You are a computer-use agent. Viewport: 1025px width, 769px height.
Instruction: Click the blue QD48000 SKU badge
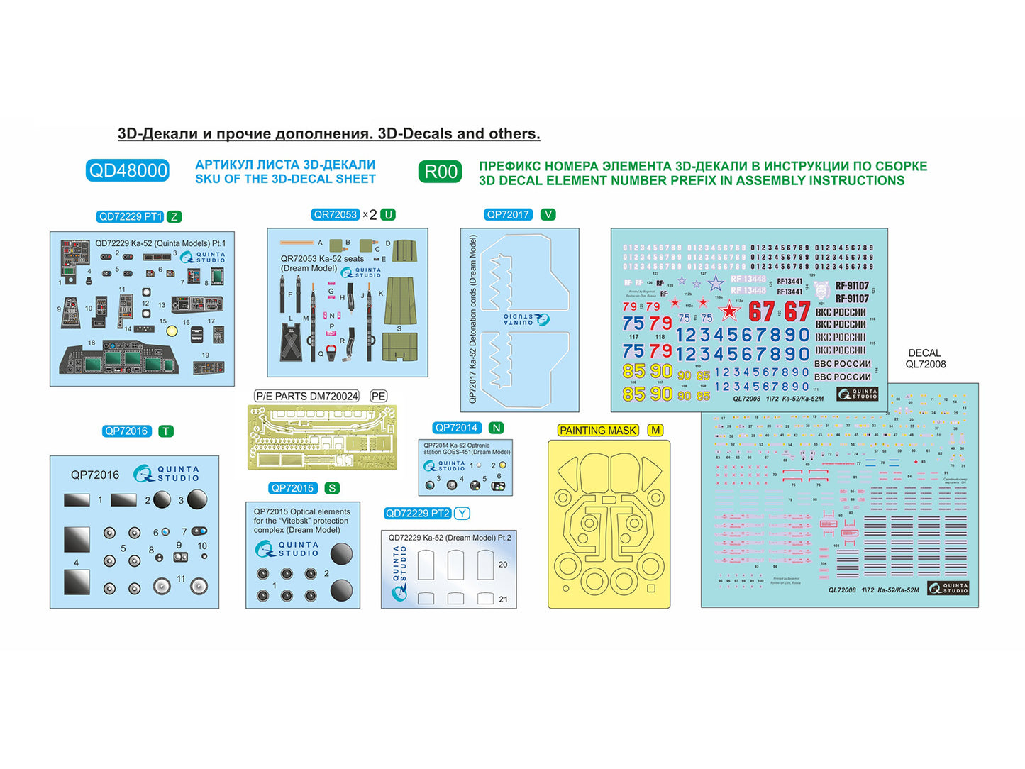pyautogui.click(x=128, y=171)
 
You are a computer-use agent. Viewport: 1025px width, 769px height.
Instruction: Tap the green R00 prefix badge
pyautogui.click(x=440, y=172)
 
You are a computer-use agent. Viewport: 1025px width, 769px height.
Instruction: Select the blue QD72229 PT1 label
pyautogui.click(x=130, y=216)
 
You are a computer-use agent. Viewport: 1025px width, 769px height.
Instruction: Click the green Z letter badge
pyautogui.click(x=174, y=217)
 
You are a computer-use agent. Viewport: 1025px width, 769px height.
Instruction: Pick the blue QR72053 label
pyautogui.click(x=336, y=214)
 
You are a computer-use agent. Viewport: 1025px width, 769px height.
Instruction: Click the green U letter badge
pyautogui.click(x=387, y=214)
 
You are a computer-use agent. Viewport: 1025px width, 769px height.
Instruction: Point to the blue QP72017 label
pyautogui.click(x=508, y=214)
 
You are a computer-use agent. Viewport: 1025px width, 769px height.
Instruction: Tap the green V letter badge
pyautogui.click(x=548, y=214)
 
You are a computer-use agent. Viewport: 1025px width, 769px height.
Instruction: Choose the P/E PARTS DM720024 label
pyautogui.click(x=307, y=396)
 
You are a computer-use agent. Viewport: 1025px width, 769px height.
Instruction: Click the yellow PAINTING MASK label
pyautogui.click(x=598, y=430)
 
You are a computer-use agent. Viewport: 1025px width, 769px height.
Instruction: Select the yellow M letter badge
pyautogui.click(x=655, y=430)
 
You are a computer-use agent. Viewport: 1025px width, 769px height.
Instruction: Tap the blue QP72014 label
pyautogui.click(x=457, y=428)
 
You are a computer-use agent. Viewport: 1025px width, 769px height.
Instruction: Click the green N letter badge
pyautogui.click(x=497, y=428)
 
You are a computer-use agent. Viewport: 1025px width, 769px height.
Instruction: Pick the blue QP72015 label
pyautogui.click(x=292, y=488)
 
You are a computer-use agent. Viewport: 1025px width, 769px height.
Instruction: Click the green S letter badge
pyautogui.click(x=331, y=488)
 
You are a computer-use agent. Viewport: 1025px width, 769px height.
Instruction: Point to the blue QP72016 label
pyautogui.click(x=126, y=431)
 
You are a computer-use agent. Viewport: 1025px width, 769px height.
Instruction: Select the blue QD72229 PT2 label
pyautogui.click(x=417, y=513)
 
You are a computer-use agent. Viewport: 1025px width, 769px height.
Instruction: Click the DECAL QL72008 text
pyautogui.click(x=925, y=358)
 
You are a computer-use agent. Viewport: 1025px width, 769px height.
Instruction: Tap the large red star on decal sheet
pyautogui.click(x=728, y=311)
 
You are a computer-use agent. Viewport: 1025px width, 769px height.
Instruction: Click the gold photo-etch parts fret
pyautogui.click(x=322, y=437)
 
